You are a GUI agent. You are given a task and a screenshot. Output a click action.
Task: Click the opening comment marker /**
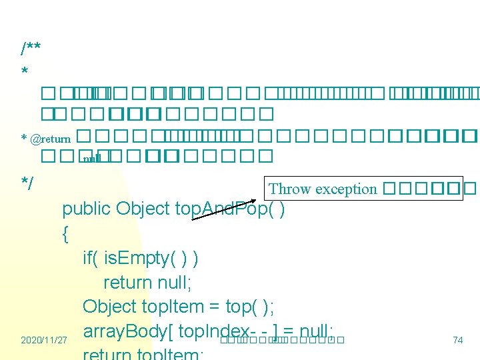coord(31,48)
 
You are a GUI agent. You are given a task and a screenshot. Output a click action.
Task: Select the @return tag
coord(49,139)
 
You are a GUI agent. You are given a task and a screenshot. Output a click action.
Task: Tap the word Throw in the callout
coord(290,189)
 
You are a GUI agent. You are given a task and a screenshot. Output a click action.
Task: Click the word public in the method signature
coord(87,209)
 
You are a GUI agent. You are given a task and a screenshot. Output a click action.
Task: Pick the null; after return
coord(175,283)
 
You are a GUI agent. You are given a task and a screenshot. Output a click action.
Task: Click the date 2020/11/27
coord(44,340)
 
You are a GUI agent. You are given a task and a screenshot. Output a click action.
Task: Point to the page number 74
coord(457,340)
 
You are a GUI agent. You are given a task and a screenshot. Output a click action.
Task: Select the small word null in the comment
coord(91,159)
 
